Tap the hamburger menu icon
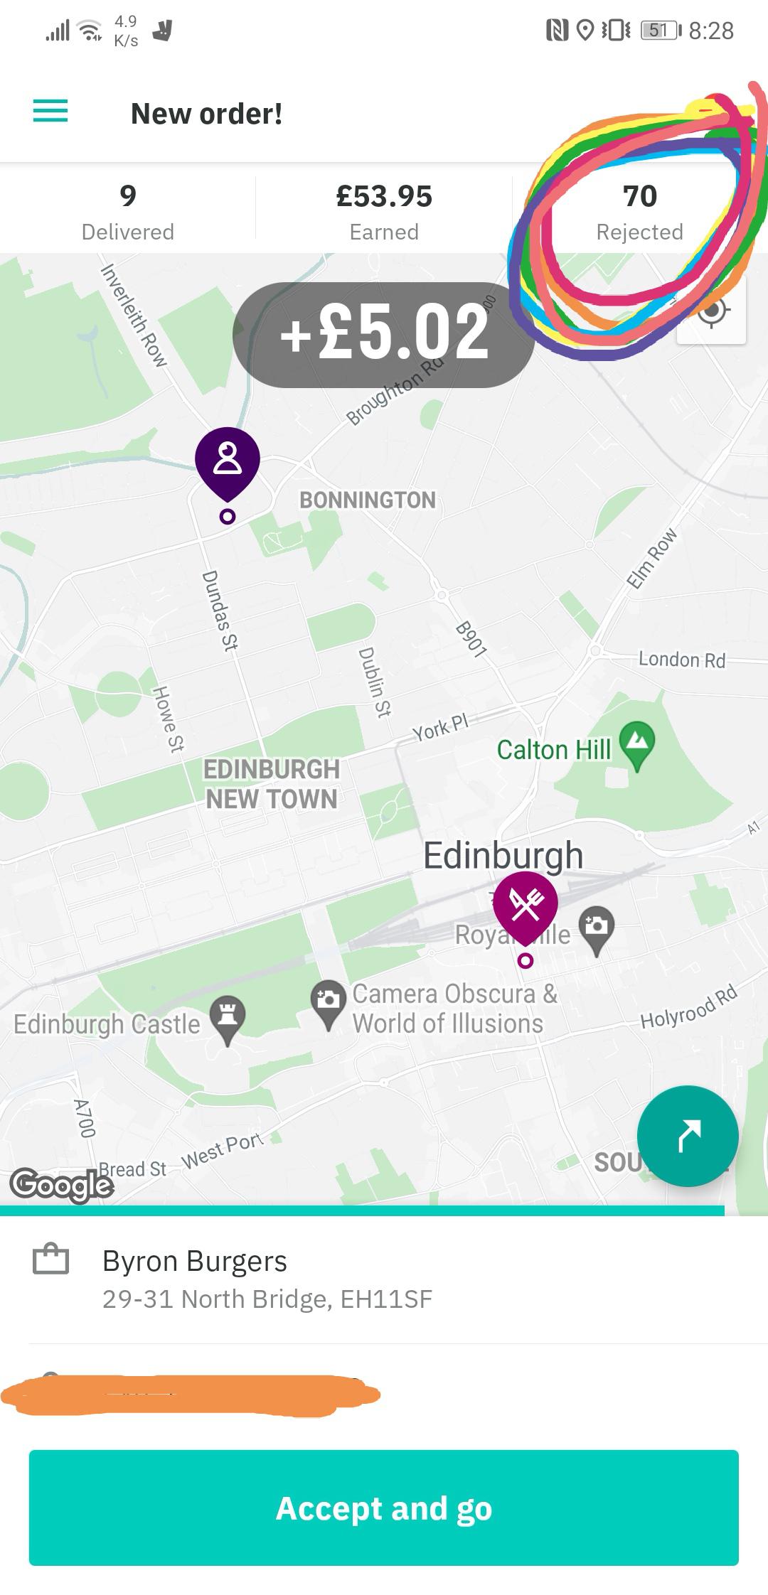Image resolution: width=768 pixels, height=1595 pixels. click(50, 112)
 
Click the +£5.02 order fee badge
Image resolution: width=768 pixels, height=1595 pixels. click(384, 333)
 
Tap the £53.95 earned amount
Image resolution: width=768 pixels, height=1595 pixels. click(384, 196)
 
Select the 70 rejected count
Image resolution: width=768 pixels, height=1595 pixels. click(639, 196)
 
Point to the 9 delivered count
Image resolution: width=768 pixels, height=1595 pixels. click(128, 196)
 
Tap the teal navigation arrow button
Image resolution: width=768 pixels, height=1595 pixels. click(687, 1135)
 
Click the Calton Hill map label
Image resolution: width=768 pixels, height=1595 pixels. click(553, 749)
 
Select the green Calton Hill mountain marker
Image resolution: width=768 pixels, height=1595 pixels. click(637, 743)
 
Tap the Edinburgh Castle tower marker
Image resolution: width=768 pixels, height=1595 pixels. click(228, 1018)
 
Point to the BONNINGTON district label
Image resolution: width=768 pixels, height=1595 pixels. click(367, 500)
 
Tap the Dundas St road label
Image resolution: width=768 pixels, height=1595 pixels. click(220, 610)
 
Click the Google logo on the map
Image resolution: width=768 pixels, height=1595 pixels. click(62, 1185)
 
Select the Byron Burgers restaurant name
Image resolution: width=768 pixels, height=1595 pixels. click(194, 1261)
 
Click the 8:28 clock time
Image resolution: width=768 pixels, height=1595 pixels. click(711, 31)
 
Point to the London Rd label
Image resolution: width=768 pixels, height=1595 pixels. click(681, 660)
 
